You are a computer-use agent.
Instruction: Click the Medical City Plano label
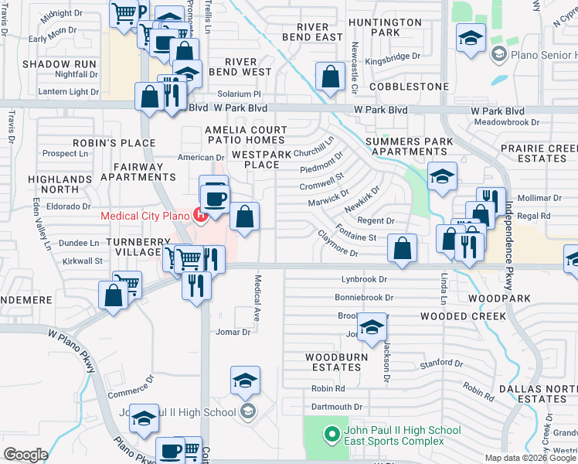click(x=146, y=215)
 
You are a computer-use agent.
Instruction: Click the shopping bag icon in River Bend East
click(x=330, y=77)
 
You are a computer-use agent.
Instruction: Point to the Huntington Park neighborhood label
click(x=384, y=27)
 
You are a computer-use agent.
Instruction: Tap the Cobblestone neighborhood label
click(x=409, y=87)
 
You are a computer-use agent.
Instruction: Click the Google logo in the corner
click(x=25, y=455)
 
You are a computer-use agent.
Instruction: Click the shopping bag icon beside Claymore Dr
click(x=402, y=248)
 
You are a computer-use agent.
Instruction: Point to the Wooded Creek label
click(x=463, y=316)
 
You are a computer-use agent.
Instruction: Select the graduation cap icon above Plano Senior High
click(x=471, y=38)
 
